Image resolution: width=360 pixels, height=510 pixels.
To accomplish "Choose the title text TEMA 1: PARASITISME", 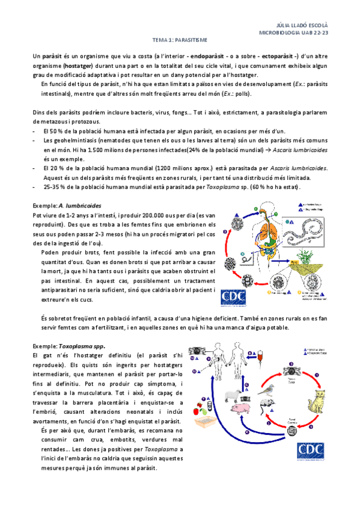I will [180, 40].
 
